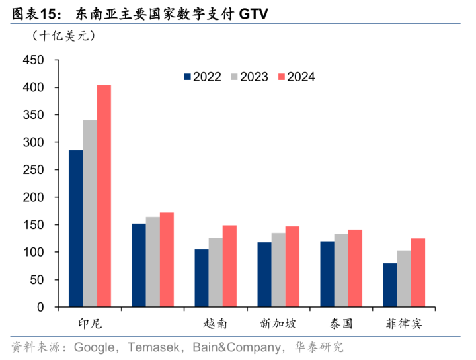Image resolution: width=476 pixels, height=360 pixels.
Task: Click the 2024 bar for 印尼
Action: click(104, 196)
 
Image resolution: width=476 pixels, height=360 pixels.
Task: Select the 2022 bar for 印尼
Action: click(76, 228)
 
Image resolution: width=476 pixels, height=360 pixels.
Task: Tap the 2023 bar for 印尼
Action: click(90, 214)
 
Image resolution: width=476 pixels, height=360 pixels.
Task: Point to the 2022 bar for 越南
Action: click(202, 278)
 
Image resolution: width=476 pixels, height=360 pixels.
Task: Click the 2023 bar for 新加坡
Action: click(278, 270)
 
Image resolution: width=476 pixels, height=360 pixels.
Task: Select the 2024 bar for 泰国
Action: click(355, 268)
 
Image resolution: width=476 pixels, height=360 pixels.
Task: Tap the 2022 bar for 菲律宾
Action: click(390, 285)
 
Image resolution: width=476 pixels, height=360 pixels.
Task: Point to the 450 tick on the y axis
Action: click(34, 60)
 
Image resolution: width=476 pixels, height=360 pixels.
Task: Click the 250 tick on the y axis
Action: click(34, 170)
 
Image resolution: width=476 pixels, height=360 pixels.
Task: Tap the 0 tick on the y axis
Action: click(41, 308)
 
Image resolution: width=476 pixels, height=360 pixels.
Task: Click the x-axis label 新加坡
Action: click(278, 324)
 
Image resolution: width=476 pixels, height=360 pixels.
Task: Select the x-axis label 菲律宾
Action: click(404, 324)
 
